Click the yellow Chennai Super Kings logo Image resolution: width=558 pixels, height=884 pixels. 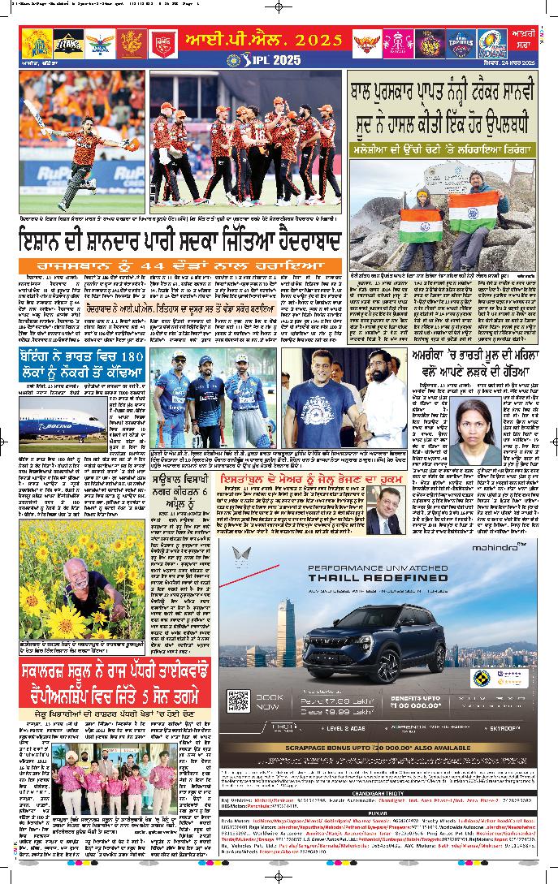[35, 42]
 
